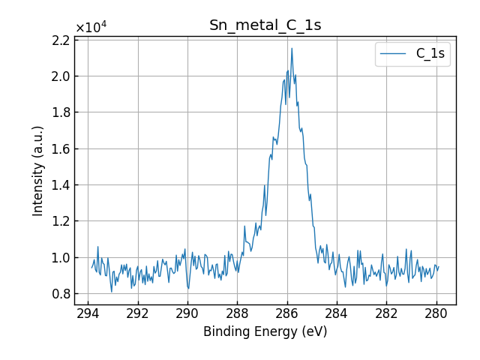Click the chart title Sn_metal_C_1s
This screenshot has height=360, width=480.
265,25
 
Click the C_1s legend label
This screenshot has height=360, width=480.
430,54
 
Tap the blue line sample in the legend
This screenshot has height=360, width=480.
394,54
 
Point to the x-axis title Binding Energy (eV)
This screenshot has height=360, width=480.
265,331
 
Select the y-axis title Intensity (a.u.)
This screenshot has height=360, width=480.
38,171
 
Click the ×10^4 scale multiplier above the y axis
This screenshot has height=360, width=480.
91,28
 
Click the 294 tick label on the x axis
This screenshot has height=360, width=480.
88,313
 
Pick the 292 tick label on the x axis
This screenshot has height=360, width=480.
138,313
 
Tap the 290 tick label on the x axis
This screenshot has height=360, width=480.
187,313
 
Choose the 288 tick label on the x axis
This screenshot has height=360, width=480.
237,313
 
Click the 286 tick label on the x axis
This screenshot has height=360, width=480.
287,313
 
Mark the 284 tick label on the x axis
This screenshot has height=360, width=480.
337,313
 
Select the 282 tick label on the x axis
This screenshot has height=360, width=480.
386,313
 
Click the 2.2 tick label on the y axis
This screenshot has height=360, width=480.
59,40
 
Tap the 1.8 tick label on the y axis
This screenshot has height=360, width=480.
59,112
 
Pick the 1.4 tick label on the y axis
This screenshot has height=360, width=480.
59,185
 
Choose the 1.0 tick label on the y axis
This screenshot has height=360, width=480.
59,258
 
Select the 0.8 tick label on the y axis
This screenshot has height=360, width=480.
59,294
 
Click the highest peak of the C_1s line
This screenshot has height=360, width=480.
292,49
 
